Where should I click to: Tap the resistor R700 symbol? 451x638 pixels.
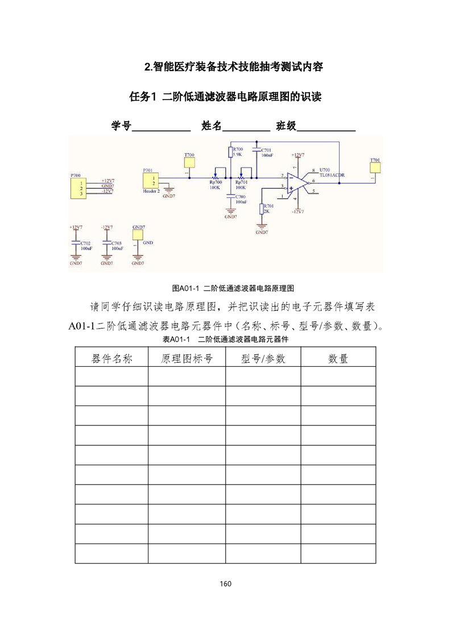pyautogui.click(x=230, y=152)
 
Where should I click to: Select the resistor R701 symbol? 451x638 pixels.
pyautogui.click(x=262, y=209)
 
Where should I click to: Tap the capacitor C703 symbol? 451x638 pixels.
pyautogui.click(x=106, y=243)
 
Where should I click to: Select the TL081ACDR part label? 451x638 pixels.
pyautogui.click(x=332, y=176)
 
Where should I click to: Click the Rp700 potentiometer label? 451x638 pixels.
pyautogui.click(x=216, y=183)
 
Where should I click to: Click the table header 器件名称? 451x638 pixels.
pyautogui.click(x=111, y=358)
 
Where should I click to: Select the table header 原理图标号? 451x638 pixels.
pyautogui.click(x=187, y=358)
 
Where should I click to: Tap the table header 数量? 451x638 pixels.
pyautogui.click(x=338, y=358)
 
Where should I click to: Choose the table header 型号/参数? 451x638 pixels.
pyautogui.click(x=263, y=358)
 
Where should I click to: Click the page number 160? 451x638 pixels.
pyautogui.click(x=225, y=583)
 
